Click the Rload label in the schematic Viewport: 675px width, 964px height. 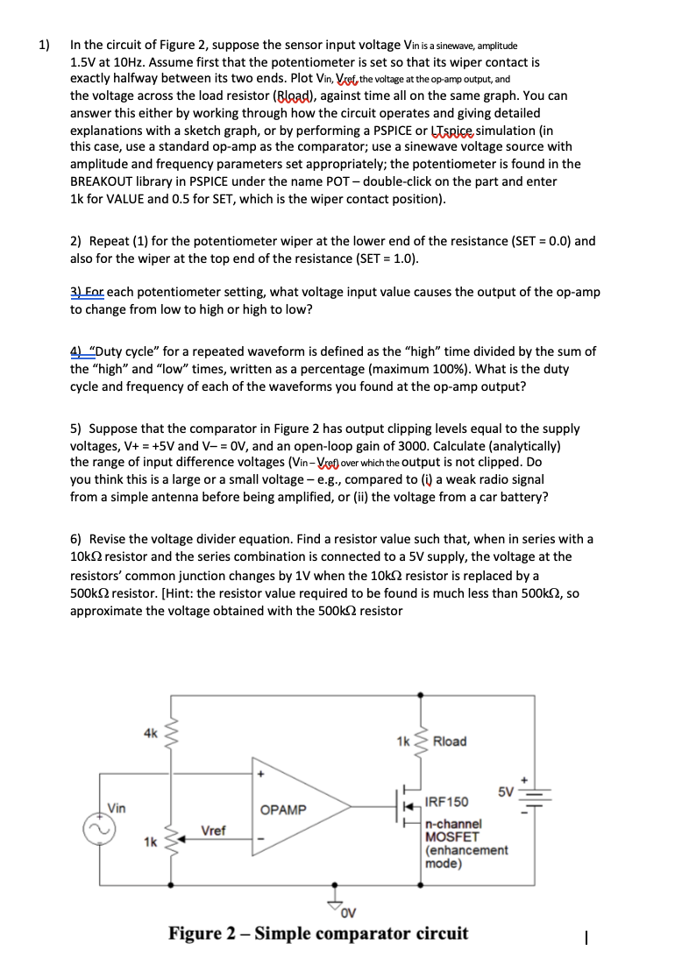(450, 741)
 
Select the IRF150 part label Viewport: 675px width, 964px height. (446, 802)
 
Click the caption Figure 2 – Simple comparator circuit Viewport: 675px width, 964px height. (318, 932)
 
